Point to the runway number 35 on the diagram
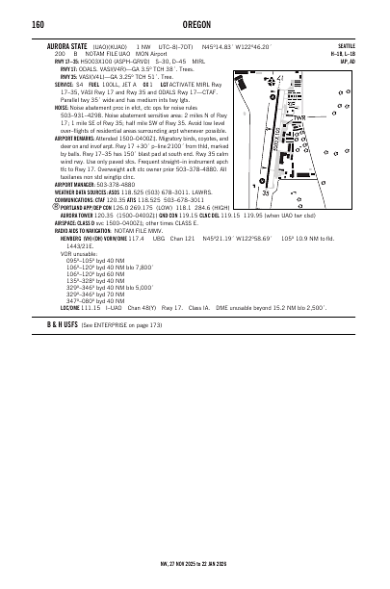[x=266, y=193]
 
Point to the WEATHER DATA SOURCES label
[x=78, y=195]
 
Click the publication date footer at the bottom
[x=194, y=563]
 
